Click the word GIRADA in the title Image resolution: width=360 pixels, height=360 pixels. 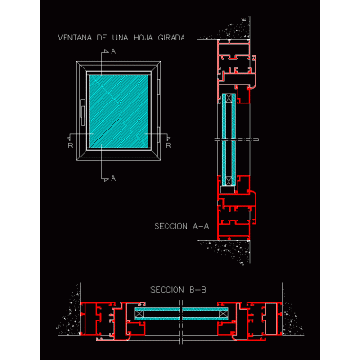tap(171, 38)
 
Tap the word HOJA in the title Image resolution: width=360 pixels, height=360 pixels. tap(143, 38)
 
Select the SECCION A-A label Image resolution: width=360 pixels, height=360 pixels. tap(182, 226)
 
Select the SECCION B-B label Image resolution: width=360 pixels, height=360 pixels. tap(178, 290)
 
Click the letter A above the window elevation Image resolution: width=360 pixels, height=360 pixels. tap(113, 51)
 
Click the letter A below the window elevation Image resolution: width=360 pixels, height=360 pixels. tap(113, 178)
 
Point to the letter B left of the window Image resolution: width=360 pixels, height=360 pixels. tap(70, 146)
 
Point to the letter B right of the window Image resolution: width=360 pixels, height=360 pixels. tap(168, 146)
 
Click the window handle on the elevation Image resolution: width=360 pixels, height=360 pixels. tap(83, 112)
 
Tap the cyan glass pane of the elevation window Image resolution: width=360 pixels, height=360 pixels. tap(119, 111)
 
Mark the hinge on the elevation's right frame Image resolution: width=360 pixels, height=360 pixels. tap(159, 89)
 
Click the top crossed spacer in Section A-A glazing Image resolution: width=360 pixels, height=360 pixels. tap(229, 98)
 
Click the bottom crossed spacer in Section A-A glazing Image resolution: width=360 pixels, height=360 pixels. tap(229, 182)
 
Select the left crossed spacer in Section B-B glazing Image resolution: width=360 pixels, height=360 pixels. tap(139, 314)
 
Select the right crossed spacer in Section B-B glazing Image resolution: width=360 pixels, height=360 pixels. tap(222, 314)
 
